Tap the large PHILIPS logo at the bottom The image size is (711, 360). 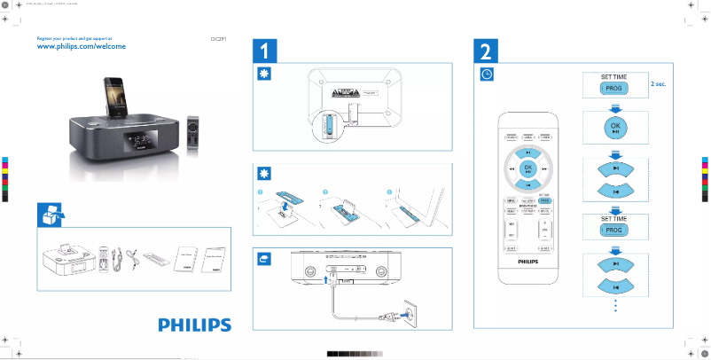tap(194, 325)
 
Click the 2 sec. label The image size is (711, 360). tap(658, 82)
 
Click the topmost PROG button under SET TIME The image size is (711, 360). tap(614, 89)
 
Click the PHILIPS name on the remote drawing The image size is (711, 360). tap(527, 262)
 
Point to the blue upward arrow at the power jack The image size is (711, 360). tap(327, 278)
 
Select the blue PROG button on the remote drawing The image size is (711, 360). tap(545, 202)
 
